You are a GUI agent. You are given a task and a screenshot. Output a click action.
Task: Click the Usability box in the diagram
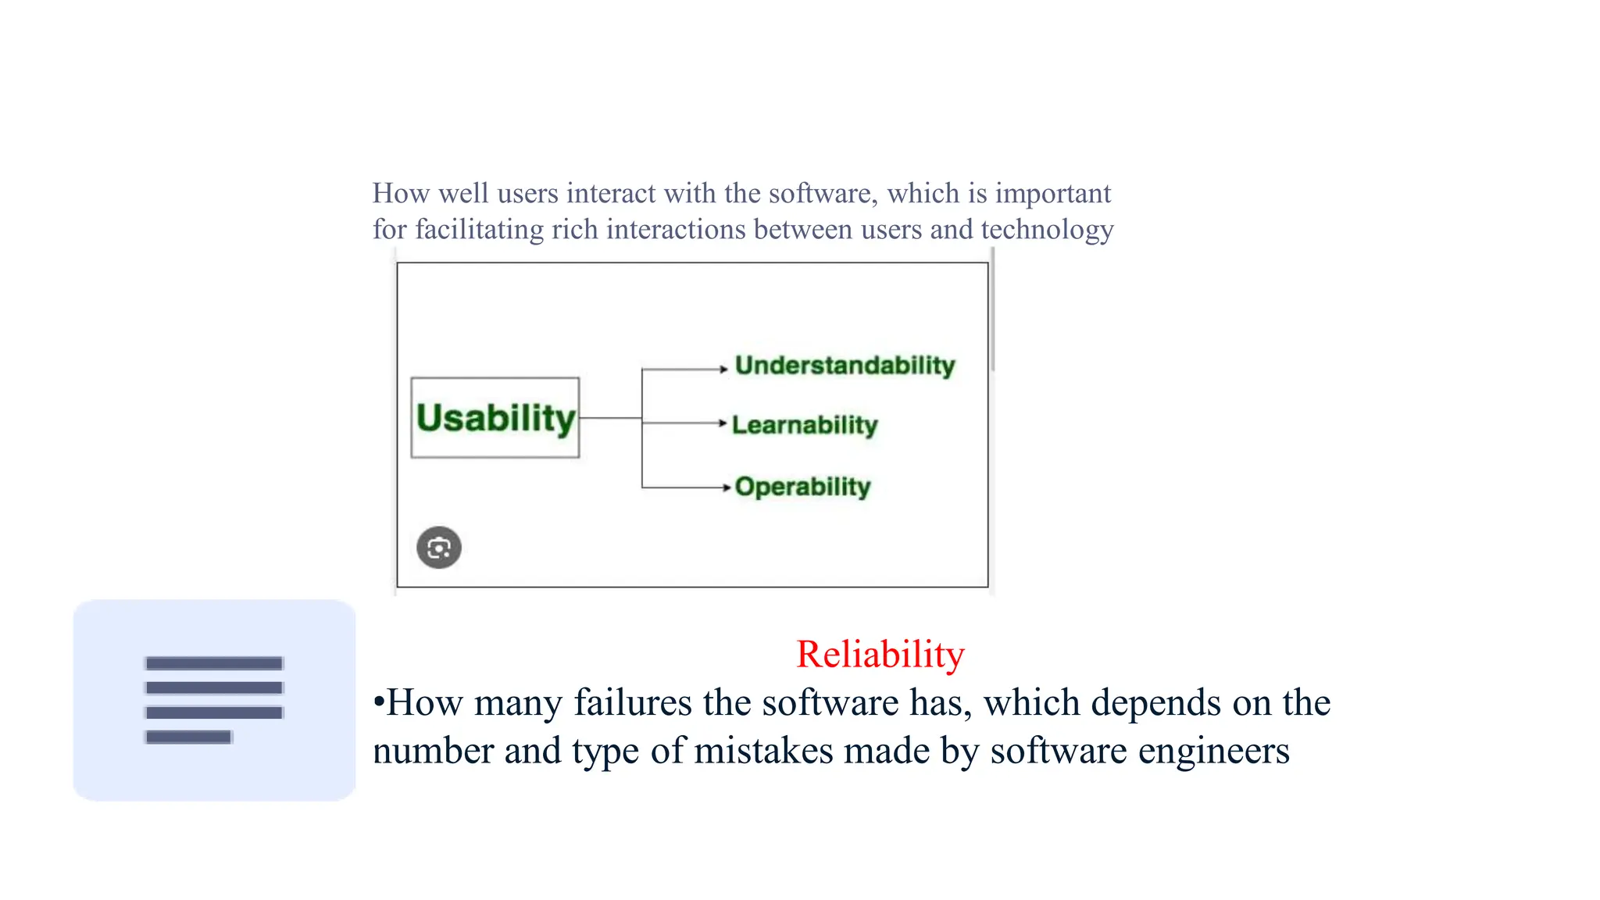[495, 418]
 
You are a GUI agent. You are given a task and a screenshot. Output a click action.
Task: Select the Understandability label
[845, 366]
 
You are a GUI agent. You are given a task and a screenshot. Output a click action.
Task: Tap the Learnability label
[805, 425]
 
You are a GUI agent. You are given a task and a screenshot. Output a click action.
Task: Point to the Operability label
[802, 487]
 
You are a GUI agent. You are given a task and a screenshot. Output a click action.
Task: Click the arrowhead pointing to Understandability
[724, 369]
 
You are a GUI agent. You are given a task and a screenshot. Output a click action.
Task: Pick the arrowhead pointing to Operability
[726, 487]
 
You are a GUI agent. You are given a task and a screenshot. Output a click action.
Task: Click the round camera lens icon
[439, 548]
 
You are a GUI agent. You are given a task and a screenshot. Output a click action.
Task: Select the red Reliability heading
[880, 654]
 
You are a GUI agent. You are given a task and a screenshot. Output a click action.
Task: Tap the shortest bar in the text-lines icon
[188, 737]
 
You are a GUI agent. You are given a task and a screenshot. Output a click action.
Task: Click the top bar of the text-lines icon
[213, 663]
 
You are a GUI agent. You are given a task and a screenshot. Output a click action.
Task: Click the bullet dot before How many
[379, 702]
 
